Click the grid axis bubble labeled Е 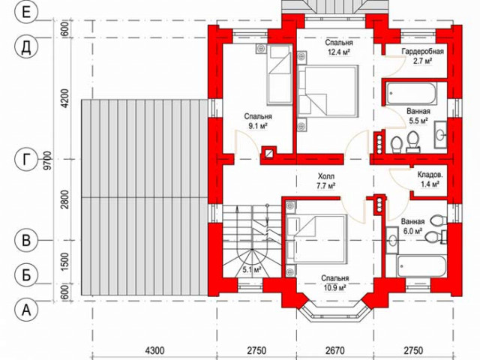pos(26,13)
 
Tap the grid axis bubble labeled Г pos(26,159)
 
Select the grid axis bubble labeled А pos(26,310)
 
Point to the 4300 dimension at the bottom pos(154,350)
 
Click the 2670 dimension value pos(335,350)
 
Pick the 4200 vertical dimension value pos(65,99)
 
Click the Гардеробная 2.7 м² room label pos(423,56)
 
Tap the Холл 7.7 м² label pos(326,181)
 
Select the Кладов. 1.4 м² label pos(430,179)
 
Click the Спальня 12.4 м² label pos(339,47)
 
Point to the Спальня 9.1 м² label pos(258,121)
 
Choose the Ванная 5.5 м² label pos(418,115)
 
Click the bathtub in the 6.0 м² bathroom pos(421,265)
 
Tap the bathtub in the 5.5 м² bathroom pos(411,93)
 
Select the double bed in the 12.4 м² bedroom pos(328,91)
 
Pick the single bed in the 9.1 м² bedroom pos(280,74)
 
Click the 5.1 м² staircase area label pos(252,270)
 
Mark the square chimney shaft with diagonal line pos(268,153)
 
